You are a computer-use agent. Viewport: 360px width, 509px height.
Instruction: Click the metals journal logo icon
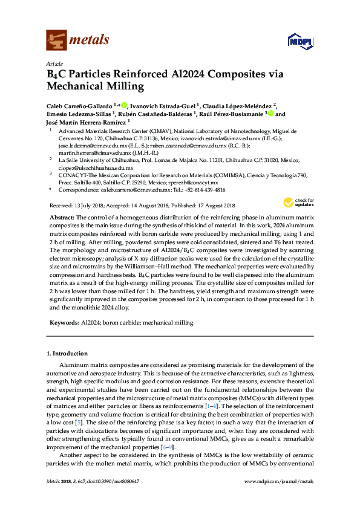(x=56, y=40)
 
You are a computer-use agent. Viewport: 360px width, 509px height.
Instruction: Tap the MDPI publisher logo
(x=301, y=41)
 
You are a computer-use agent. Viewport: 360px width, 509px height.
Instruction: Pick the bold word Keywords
(x=62, y=323)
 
